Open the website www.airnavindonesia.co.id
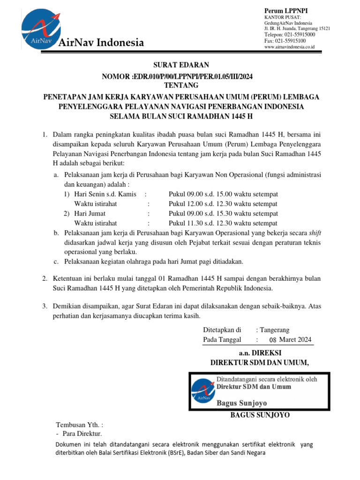(x=289, y=47)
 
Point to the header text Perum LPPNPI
(x=287, y=11)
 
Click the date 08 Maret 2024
(x=290, y=340)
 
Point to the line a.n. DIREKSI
(x=260, y=353)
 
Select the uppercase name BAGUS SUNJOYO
(x=260, y=415)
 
